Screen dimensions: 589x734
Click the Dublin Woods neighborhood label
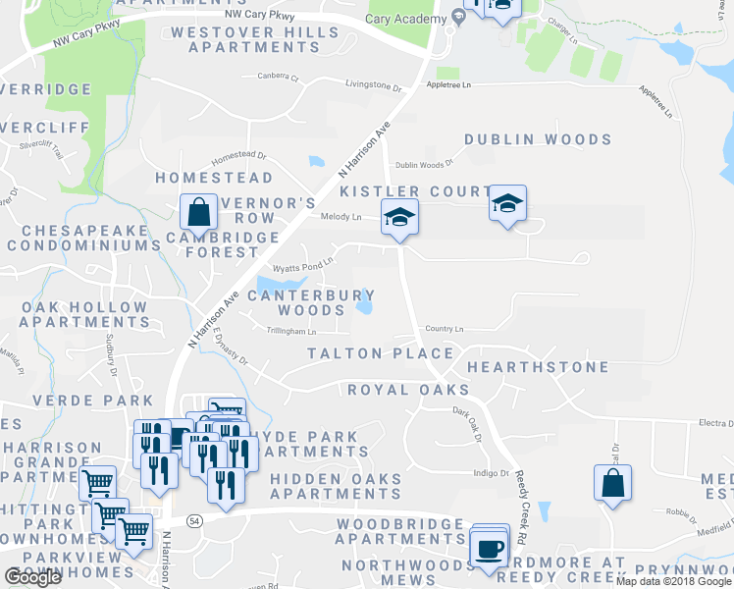(x=538, y=140)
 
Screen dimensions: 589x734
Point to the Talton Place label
(x=381, y=353)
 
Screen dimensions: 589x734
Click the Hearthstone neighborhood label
(x=538, y=367)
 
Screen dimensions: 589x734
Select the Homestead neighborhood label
(x=214, y=179)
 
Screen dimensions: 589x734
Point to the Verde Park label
(x=93, y=401)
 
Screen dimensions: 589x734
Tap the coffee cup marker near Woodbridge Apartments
(x=488, y=547)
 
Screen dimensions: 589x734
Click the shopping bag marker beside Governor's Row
(x=198, y=211)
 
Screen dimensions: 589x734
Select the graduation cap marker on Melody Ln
(x=399, y=217)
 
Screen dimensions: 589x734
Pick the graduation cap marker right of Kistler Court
(x=507, y=204)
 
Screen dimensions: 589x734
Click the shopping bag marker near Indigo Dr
(x=612, y=483)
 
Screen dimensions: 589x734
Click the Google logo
(x=32, y=577)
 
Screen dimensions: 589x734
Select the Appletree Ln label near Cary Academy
(x=448, y=85)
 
